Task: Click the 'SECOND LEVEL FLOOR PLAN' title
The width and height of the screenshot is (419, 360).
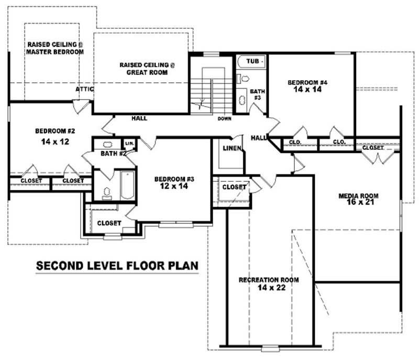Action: point(117,266)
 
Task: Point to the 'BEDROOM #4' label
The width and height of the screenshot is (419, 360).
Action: point(307,82)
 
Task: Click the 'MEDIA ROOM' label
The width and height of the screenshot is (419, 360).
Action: point(358,196)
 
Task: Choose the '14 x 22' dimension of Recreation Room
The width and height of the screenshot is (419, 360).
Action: point(269,288)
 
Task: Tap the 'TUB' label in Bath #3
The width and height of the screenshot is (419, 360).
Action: point(253,62)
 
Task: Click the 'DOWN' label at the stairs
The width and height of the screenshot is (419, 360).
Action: point(225,119)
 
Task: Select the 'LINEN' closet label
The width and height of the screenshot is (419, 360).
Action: point(231,148)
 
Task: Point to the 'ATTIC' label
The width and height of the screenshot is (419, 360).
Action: point(84,89)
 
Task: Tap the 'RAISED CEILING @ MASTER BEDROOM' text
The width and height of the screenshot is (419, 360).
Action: point(56,48)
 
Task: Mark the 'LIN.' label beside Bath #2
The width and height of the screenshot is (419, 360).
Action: point(129,143)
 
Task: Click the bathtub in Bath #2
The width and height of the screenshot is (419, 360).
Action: point(128,185)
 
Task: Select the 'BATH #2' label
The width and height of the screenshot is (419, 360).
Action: point(112,154)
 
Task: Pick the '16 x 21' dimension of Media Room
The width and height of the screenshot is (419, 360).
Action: point(358,203)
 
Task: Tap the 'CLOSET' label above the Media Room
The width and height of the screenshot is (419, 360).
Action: point(373,148)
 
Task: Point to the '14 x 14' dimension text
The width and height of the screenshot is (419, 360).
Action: point(307,90)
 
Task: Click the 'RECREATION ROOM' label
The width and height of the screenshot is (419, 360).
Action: point(269,280)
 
